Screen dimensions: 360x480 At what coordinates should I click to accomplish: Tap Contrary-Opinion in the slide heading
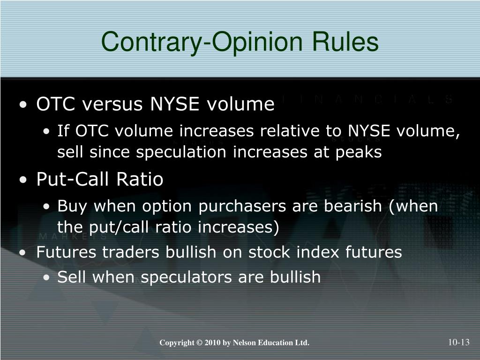coord(199,42)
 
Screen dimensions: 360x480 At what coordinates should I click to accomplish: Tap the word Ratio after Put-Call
coord(141,180)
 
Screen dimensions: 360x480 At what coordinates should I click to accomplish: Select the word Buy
coord(70,206)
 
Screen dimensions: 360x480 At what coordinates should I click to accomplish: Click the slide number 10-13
coord(458,342)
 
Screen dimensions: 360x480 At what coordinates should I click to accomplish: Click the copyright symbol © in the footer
coord(199,343)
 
